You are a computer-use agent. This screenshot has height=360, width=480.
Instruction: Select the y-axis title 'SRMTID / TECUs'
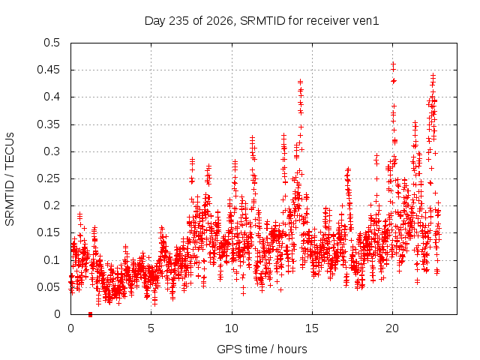[10, 179]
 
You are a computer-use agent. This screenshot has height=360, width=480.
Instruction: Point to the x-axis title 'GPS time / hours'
[262, 349]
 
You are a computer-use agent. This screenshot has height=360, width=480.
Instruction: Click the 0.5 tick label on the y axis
[52, 43]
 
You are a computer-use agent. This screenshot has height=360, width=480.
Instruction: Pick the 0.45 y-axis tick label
[48, 70]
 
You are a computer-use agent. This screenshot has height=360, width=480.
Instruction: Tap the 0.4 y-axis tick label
[52, 97]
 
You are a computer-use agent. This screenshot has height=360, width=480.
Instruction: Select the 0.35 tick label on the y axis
[48, 124]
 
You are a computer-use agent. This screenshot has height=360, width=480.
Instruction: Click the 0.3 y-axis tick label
[52, 151]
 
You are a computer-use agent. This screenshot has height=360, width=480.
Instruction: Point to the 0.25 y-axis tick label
[48, 178]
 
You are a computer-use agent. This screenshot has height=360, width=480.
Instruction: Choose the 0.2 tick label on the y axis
[52, 205]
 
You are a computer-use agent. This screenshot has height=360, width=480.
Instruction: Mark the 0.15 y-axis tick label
[48, 233]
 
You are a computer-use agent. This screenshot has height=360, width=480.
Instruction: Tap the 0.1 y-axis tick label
[52, 260]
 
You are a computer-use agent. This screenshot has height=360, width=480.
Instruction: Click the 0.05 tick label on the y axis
[48, 287]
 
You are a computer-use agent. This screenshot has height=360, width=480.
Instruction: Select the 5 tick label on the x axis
[151, 328]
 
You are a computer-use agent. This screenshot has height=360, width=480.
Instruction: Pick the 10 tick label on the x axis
[232, 328]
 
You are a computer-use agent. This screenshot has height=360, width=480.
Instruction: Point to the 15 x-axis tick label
[312, 328]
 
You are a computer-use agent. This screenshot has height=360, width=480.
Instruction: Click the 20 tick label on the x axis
[392, 328]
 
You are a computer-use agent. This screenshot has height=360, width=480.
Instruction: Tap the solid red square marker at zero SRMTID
[90, 314]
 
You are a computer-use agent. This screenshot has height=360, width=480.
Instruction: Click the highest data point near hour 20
[394, 64]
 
